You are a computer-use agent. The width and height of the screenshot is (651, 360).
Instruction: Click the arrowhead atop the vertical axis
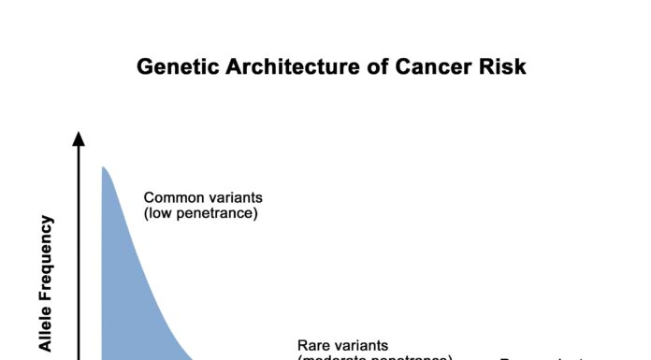(79, 139)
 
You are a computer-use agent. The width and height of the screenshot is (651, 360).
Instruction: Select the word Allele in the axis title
(46, 328)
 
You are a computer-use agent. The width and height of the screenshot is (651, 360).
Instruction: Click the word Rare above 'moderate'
(316, 345)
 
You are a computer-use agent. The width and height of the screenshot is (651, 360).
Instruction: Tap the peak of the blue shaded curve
(103, 167)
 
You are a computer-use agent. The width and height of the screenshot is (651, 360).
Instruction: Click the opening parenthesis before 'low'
(146, 214)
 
